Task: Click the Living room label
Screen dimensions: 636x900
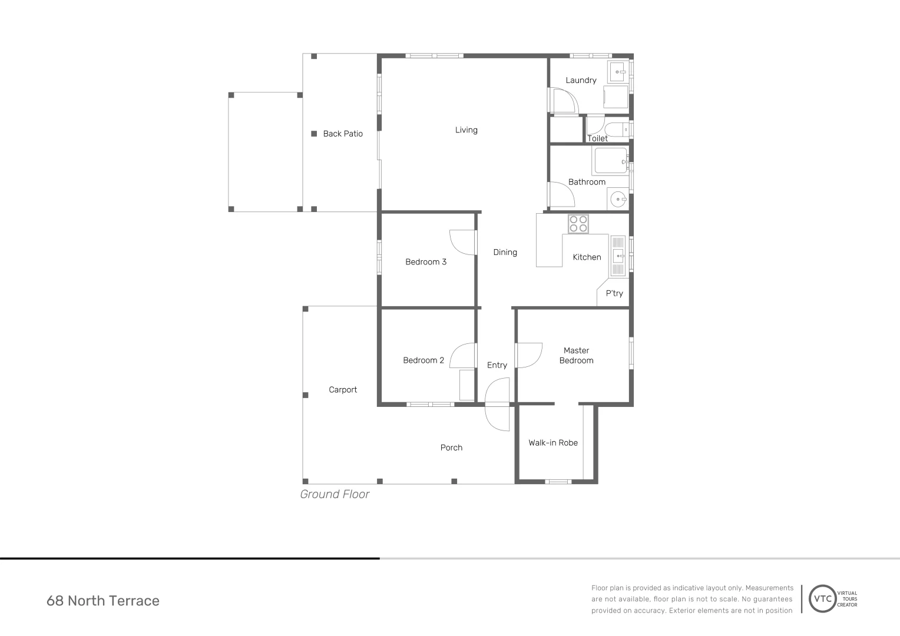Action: click(x=466, y=130)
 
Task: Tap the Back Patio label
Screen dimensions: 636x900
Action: click(x=343, y=134)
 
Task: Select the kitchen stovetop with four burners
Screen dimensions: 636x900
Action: click(x=578, y=224)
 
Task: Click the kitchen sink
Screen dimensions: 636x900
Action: click(x=618, y=256)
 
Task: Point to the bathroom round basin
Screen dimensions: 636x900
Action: click(x=618, y=200)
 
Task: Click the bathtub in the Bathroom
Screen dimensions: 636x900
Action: click(x=611, y=160)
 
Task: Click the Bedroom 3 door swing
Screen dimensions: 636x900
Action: click(x=462, y=242)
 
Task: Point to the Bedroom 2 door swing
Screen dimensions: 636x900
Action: click(x=463, y=356)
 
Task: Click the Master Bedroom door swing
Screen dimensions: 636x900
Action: click(x=529, y=355)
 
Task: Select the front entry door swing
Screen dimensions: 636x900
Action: click(x=497, y=405)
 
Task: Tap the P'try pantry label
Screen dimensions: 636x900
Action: click(x=614, y=293)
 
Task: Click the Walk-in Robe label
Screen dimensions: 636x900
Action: click(x=553, y=443)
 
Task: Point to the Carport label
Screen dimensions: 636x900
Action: click(x=343, y=390)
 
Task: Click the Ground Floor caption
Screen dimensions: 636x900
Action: click(x=335, y=494)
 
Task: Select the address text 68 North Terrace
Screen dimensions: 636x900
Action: click(x=103, y=601)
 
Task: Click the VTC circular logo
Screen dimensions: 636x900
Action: click(x=823, y=599)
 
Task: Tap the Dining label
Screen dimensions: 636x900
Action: click(x=505, y=252)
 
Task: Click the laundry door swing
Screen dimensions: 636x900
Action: click(x=563, y=101)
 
